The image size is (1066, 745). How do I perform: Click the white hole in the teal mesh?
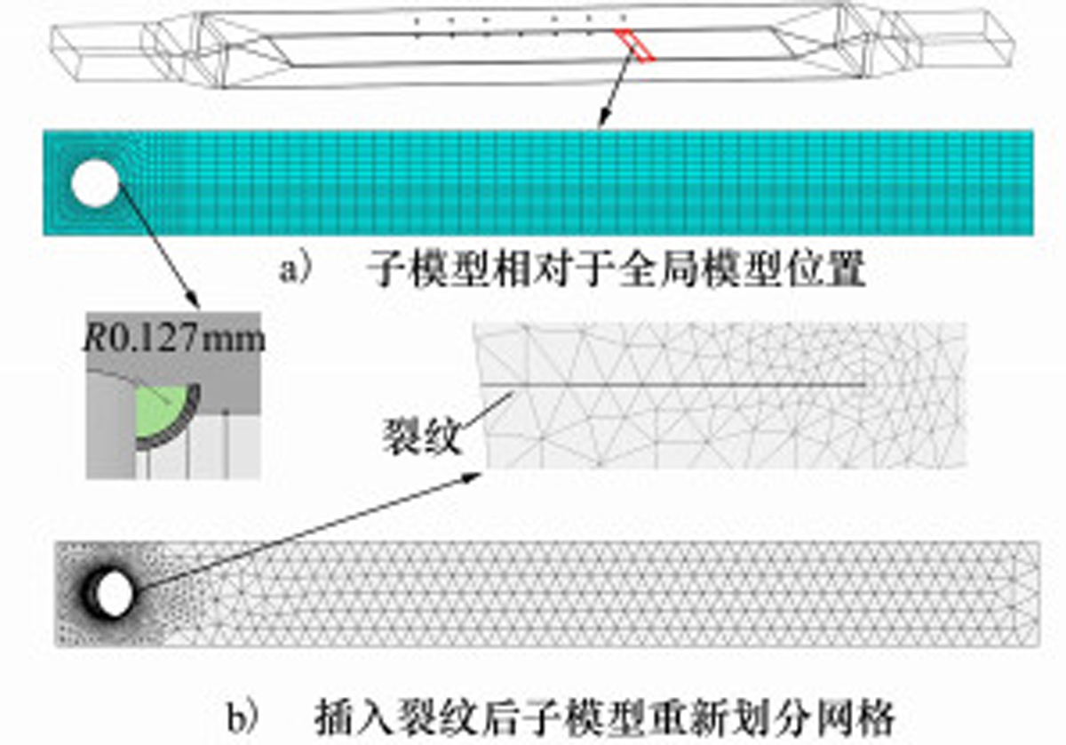94,185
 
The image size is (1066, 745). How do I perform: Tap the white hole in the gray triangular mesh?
114,593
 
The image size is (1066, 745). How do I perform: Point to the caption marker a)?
297,270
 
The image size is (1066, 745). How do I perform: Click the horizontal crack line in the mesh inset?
675,384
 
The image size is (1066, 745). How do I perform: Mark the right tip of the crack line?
865,384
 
